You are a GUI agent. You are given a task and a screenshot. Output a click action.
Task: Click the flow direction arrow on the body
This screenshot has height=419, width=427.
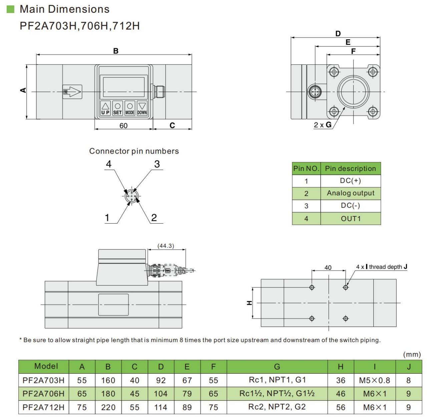[x=73, y=91]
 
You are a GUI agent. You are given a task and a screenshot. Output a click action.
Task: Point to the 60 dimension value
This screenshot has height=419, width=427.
[x=123, y=126]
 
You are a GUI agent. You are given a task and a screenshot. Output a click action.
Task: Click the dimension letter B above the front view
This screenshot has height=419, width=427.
[x=116, y=51]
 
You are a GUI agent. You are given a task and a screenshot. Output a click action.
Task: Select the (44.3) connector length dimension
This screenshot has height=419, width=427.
[x=166, y=246]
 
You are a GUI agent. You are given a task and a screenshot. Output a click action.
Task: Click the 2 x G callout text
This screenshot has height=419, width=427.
[x=323, y=125]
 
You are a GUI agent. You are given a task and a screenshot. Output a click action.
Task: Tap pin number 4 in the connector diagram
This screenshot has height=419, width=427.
[x=108, y=164]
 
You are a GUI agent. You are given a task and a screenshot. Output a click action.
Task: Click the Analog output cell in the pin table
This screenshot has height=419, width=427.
[x=350, y=193]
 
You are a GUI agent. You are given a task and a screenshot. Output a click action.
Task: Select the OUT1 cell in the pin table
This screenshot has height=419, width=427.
[x=350, y=219]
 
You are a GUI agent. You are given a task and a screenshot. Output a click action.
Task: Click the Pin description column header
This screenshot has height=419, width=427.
[x=350, y=168]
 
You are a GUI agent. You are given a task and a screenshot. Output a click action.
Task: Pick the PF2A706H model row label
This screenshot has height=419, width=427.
[x=43, y=394]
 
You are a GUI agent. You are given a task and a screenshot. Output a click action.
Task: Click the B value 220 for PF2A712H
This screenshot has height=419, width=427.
[x=108, y=407]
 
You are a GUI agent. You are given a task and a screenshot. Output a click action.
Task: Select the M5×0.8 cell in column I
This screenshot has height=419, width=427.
[x=374, y=380]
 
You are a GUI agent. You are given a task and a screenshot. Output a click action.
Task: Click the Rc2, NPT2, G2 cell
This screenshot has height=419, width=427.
[x=277, y=407]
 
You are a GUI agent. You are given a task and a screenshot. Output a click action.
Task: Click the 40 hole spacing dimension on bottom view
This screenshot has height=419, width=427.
[x=328, y=267]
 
